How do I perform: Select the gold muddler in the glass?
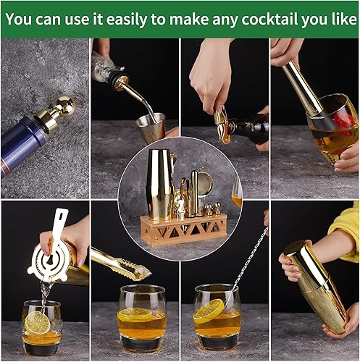pyautogui.click(x=304, y=90)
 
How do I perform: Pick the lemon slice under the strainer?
pyautogui.click(x=37, y=322)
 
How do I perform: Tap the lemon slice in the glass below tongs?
pyautogui.click(x=135, y=315)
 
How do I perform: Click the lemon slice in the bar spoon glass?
pyautogui.click(x=209, y=312)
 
